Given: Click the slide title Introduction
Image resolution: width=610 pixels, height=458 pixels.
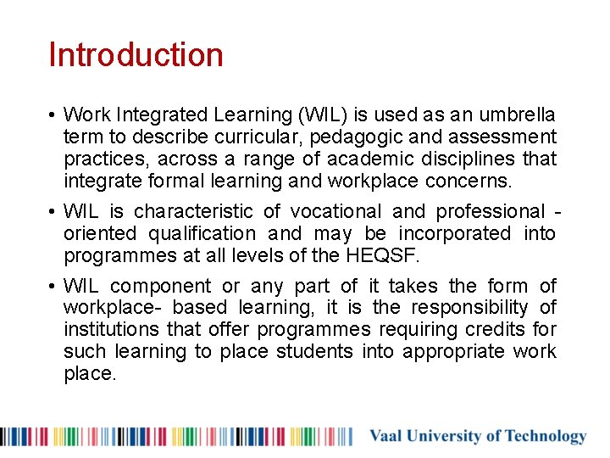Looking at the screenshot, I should tap(136, 55).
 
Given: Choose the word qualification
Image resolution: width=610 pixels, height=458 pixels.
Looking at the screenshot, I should tap(202, 233).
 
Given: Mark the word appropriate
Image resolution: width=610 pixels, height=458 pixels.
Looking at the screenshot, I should tap(453, 352).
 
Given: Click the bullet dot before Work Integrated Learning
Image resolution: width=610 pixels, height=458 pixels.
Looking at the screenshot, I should tap(52, 114).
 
